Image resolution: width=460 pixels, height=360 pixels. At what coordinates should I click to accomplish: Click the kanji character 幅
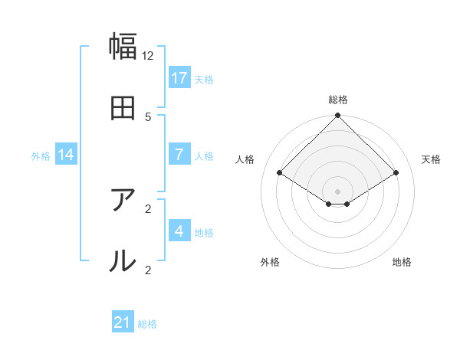pyautogui.click(x=123, y=47)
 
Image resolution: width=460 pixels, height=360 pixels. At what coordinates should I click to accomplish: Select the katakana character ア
pyautogui.click(x=123, y=201)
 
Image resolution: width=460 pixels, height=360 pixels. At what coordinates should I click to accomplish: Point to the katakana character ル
pyautogui.click(x=123, y=261)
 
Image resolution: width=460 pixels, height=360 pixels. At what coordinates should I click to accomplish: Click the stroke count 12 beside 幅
pyautogui.click(x=148, y=56)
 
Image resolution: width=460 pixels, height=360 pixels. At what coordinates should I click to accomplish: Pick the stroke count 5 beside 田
pyautogui.click(x=148, y=116)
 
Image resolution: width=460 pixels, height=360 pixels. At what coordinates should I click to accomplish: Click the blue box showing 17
pyautogui.click(x=179, y=78)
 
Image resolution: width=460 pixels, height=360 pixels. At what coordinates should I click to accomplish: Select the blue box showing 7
pyautogui.click(x=179, y=155)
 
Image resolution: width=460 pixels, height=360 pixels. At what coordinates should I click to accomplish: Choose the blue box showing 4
pyautogui.click(x=179, y=231)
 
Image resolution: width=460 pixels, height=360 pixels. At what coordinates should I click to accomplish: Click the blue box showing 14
pyautogui.click(x=66, y=155)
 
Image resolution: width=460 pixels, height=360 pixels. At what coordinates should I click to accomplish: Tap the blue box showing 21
pyautogui.click(x=123, y=322)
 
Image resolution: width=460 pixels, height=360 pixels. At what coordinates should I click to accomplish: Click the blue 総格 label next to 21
pyautogui.click(x=147, y=324)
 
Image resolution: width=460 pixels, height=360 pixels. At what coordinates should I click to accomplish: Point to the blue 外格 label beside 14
pyautogui.click(x=41, y=156)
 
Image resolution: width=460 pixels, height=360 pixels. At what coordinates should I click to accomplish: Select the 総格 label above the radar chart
pyautogui.click(x=337, y=100)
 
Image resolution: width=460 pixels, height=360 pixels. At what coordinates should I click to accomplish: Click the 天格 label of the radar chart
pyautogui.click(x=431, y=159)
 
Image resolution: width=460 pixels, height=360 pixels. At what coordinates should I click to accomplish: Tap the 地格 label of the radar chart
pyautogui.click(x=402, y=262)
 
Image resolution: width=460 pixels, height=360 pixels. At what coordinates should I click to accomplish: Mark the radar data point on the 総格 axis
pyautogui.click(x=337, y=117)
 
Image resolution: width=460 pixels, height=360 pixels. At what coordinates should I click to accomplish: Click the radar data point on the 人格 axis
pyautogui.click(x=280, y=172)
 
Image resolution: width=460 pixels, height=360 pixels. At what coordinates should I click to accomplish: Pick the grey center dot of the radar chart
pyautogui.click(x=337, y=191)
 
